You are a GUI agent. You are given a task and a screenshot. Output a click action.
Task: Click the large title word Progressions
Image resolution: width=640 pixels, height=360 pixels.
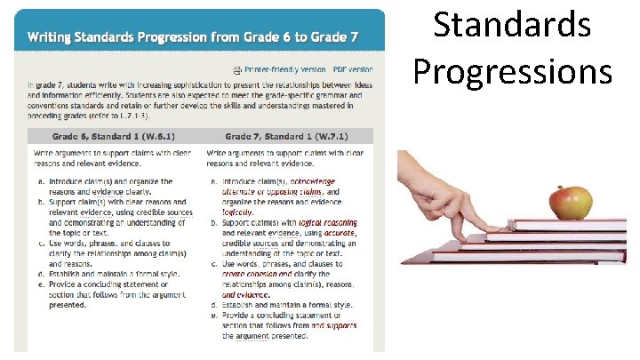(512, 69)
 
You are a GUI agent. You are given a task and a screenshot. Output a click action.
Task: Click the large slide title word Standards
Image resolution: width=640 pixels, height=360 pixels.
(512, 25)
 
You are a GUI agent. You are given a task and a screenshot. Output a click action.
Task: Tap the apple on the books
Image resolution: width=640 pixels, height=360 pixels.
(570, 203)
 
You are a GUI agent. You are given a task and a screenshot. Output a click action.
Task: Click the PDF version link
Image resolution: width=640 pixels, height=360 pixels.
(352, 68)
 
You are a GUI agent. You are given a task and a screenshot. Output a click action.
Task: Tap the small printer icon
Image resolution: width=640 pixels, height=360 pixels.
(236, 68)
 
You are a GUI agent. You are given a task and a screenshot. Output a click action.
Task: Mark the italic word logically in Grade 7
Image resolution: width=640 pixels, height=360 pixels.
(237, 212)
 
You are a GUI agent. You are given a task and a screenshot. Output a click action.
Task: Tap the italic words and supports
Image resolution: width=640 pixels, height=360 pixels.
(340, 325)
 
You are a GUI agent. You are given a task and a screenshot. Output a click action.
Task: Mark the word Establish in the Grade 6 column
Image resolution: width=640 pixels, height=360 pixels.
(68, 274)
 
